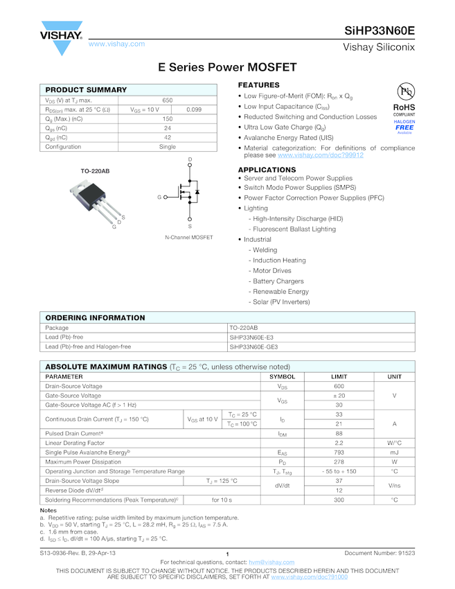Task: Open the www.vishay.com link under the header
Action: (116, 44)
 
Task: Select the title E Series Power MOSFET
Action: (227, 67)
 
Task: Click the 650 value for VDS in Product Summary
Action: (168, 100)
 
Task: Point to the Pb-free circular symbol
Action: (404, 92)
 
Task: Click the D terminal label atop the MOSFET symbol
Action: (190, 160)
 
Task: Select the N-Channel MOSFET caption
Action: (189, 238)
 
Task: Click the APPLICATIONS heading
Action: (267, 170)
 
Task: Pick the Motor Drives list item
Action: (272, 271)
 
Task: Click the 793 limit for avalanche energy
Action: (339, 452)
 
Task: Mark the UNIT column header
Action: (394, 376)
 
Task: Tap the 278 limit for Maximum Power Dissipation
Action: (339, 461)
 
